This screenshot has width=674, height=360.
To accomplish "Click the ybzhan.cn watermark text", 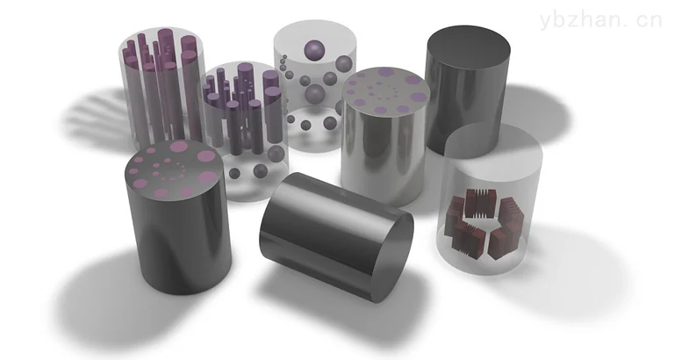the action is coord(600,21).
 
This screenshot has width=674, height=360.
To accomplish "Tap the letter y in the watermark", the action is coord(546,22).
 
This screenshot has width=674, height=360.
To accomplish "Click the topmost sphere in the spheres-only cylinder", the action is coord(315,49).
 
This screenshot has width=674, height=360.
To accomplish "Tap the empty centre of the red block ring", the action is coord(483,223).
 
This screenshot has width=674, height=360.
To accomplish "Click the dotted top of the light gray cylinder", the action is coord(385,90).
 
